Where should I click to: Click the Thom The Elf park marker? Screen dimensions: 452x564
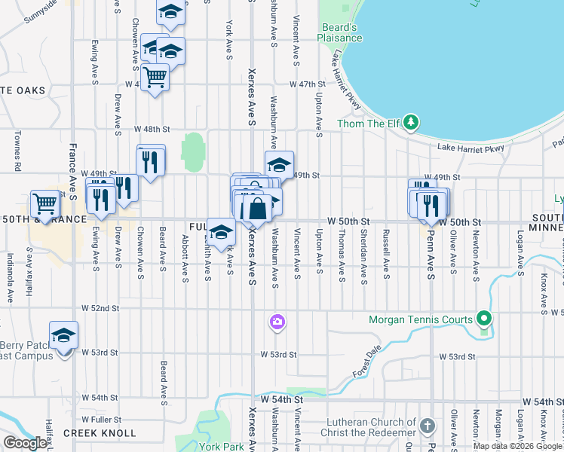coord(410,121)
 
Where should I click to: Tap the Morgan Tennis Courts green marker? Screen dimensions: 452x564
coord(484,319)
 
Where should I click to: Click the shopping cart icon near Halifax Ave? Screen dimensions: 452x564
coord(45,202)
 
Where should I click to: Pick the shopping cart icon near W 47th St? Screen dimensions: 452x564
coord(155,76)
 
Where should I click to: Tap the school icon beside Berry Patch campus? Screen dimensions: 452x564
coord(63,335)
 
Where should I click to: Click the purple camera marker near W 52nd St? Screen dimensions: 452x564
coord(277,322)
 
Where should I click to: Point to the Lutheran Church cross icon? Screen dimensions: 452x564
coord(427,426)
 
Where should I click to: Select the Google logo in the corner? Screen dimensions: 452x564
coord(24,443)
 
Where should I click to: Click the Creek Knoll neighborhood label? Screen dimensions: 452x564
coord(100,433)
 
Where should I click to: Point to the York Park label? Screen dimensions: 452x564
coord(222,446)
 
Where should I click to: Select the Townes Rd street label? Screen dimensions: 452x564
coord(16,153)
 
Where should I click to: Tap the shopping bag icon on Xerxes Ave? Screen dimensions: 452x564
coord(257,208)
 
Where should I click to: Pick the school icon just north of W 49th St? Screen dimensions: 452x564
coord(279,163)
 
